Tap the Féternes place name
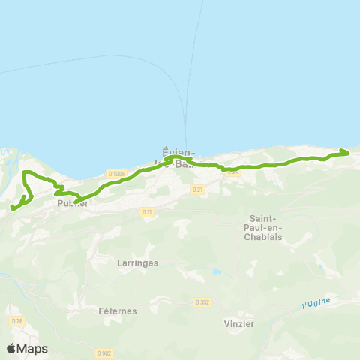coord(115,310)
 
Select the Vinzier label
coord(239,323)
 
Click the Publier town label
coord(73,203)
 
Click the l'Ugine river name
coord(316,303)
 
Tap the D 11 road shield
coord(147,212)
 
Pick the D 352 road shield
coord(202,301)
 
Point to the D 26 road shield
coord(17,321)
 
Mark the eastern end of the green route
coord(349,152)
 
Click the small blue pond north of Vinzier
coord(217,271)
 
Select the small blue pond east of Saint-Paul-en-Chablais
coord(320,267)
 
